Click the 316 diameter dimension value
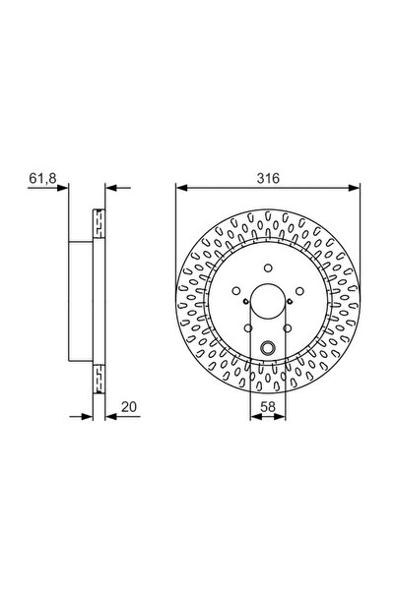click(268, 178)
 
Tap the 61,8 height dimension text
click(42, 178)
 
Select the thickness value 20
click(129, 407)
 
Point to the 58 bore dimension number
click(268, 407)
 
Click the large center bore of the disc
click(268, 300)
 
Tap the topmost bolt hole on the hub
click(268, 268)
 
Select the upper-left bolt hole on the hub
click(236, 291)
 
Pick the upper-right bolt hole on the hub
click(299, 291)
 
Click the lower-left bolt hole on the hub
click(248, 328)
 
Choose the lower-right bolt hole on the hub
click(288, 328)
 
